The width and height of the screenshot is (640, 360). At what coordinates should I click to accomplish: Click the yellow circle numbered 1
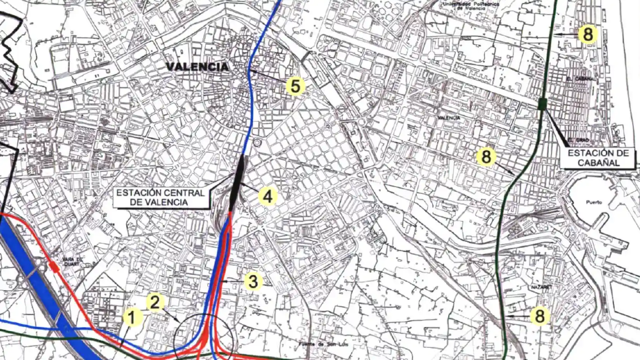[132, 317]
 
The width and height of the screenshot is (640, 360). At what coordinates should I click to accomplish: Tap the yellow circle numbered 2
[155, 302]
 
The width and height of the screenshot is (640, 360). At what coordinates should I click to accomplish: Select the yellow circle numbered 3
[253, 281]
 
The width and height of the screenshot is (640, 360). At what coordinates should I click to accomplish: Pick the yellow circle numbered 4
[267, 196]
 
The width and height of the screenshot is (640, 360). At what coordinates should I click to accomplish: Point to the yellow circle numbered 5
[295, 86]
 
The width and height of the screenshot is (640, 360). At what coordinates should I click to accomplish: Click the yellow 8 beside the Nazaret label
[540, 316]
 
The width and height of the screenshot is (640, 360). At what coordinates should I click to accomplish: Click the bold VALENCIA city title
[197, 67]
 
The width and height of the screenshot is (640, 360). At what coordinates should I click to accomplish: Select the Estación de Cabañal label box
[598, 158]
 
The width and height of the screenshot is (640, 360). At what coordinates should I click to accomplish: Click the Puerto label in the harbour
[594, 202]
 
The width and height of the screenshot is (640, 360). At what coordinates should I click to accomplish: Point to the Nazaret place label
[541, 287]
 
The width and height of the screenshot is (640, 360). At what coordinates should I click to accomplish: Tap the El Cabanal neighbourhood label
[580, 79]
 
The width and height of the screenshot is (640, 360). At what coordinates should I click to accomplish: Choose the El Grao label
[578, 140]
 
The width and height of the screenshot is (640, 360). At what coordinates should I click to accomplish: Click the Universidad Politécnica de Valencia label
[471, 5]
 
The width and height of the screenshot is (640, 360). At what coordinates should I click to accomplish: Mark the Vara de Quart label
[72, 262]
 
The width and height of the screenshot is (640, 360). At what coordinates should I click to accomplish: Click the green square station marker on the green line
[543, 103]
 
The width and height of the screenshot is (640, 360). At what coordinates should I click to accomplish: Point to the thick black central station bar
[238, 182]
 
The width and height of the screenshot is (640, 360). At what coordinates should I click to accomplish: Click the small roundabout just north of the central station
[257, 143]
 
